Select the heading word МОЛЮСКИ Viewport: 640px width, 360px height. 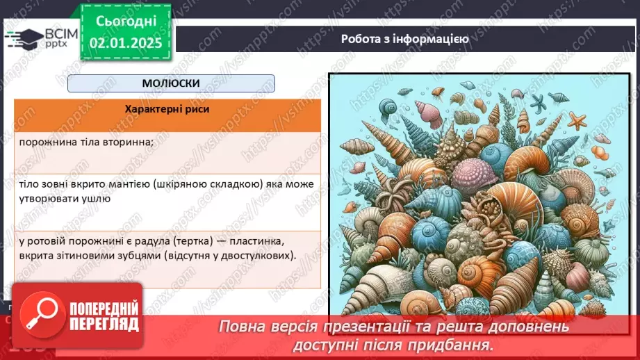pos(170,83)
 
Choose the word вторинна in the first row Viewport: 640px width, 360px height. pos(131,142)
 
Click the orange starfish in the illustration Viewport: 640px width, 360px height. pos(577,120)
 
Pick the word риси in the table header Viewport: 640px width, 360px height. pos(195,109)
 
